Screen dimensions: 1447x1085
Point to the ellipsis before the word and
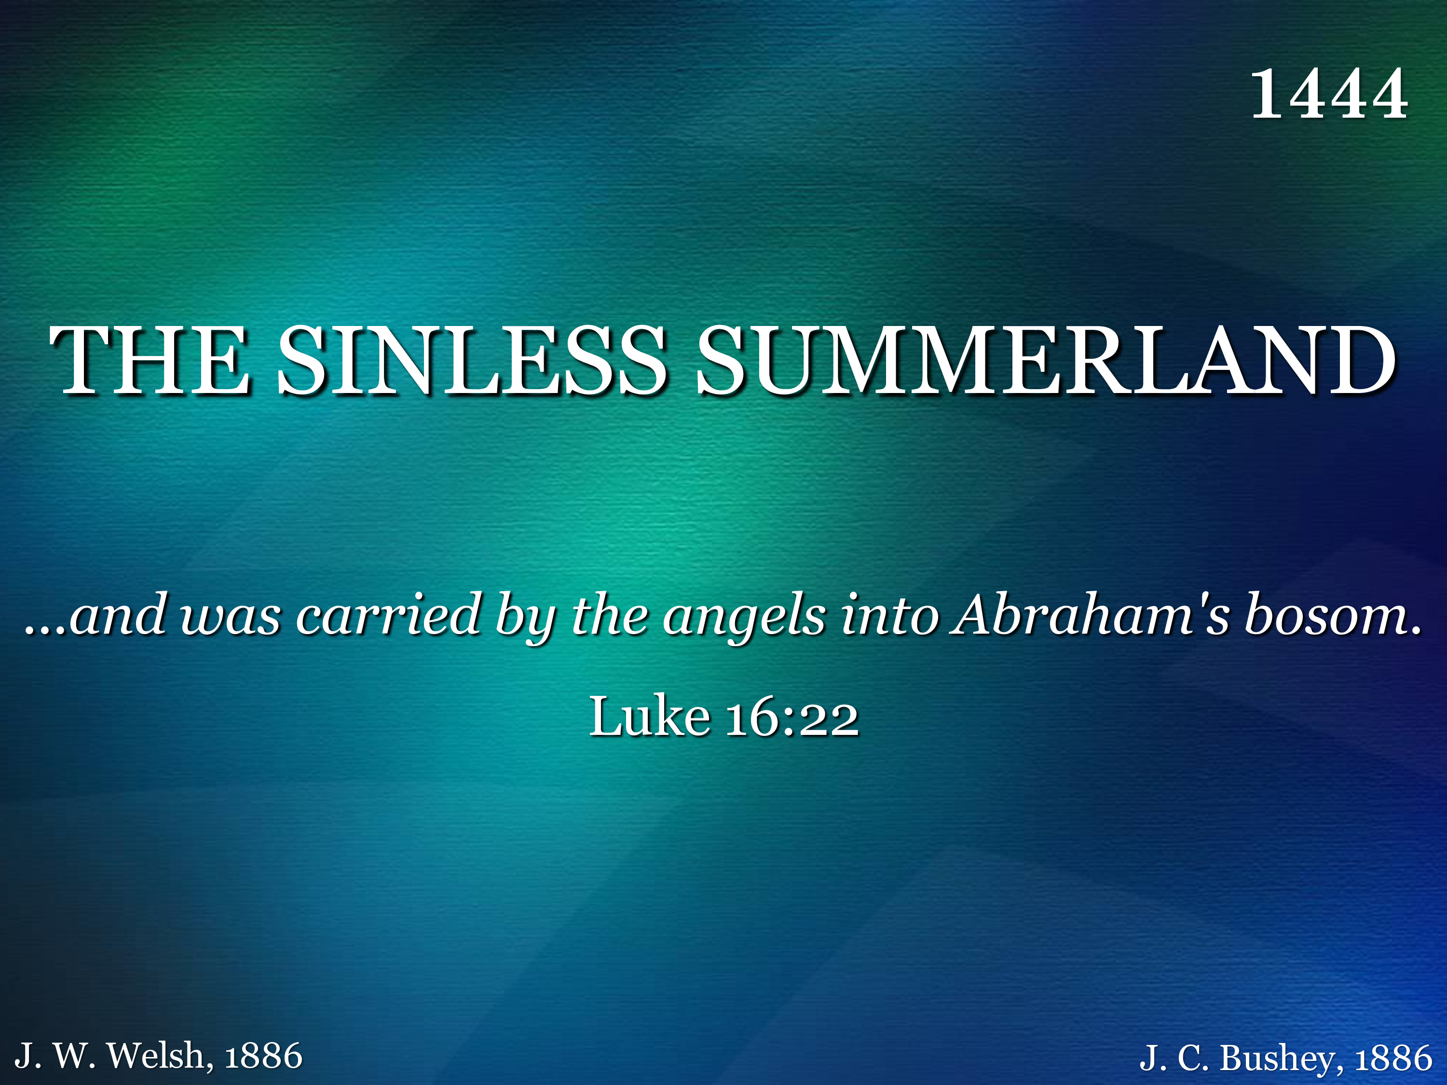pos(45,632)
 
